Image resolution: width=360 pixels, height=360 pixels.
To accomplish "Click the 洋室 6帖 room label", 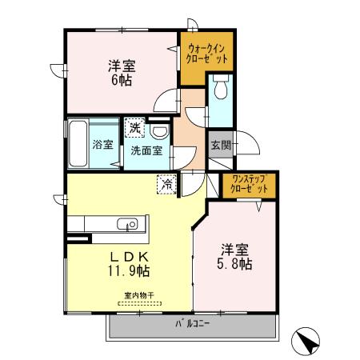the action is [x=122, y=73].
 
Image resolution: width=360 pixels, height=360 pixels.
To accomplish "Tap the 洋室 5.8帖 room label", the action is [x=234, y=257].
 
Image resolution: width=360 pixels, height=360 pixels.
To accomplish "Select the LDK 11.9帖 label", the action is [x=129, y=264].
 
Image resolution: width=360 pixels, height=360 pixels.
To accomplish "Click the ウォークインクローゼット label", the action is [x=206, y=54].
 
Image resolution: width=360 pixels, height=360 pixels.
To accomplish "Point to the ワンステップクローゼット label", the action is [x=249, y=184].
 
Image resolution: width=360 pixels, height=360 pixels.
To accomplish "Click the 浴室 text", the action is [x=103, y=145].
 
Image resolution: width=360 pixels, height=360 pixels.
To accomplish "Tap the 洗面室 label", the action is [x=146, y=151].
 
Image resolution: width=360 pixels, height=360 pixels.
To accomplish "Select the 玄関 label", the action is [x=221, y=146].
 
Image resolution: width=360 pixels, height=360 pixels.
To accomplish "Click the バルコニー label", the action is [x=193, y=324].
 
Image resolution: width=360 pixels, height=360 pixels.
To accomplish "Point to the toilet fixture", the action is [x=221, y=86].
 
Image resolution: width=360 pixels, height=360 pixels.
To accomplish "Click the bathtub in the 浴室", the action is [x=78, y=143].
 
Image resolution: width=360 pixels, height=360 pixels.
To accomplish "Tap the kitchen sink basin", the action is [x=127, y=224].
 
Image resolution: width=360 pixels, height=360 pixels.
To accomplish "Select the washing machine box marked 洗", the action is [x=135, y=127].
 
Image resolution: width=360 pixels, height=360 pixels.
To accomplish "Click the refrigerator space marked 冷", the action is [x=167, y=184].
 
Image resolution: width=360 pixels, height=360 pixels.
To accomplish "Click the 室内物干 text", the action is [x=139, y=295].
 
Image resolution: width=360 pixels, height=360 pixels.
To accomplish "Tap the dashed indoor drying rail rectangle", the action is [x=140, y=303].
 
